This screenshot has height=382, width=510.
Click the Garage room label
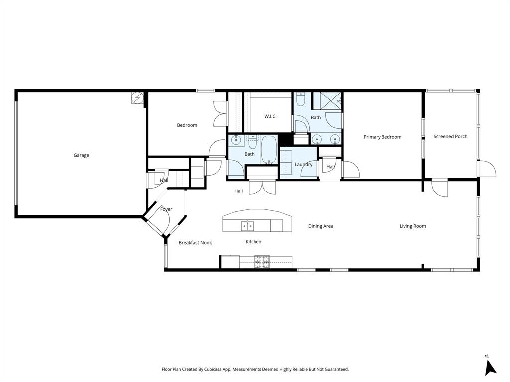coord(81,155)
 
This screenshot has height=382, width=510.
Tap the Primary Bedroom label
coord(382,137)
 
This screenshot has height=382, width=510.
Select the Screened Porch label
coord(450,136)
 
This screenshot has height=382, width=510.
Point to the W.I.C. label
coord(270,116)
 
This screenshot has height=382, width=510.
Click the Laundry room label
coord(303,164)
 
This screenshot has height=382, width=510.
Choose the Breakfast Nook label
coord(195,243)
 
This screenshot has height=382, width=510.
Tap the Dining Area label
coord(320,226)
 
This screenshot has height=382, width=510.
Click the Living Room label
coord(413,226)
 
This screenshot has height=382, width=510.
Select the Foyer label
coord(166,209)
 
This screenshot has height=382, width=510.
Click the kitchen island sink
coord(247,226)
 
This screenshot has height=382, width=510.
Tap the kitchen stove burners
coord(262,261)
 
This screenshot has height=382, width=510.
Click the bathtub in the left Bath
coord(269,150)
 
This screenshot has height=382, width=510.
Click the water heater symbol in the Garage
coord(136,98)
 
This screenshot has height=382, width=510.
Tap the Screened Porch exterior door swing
coord(487,169)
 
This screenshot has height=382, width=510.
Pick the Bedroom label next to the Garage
coord(187,125)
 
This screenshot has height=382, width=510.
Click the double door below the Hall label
coord(261,187)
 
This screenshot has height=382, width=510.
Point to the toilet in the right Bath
coord(301,101)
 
